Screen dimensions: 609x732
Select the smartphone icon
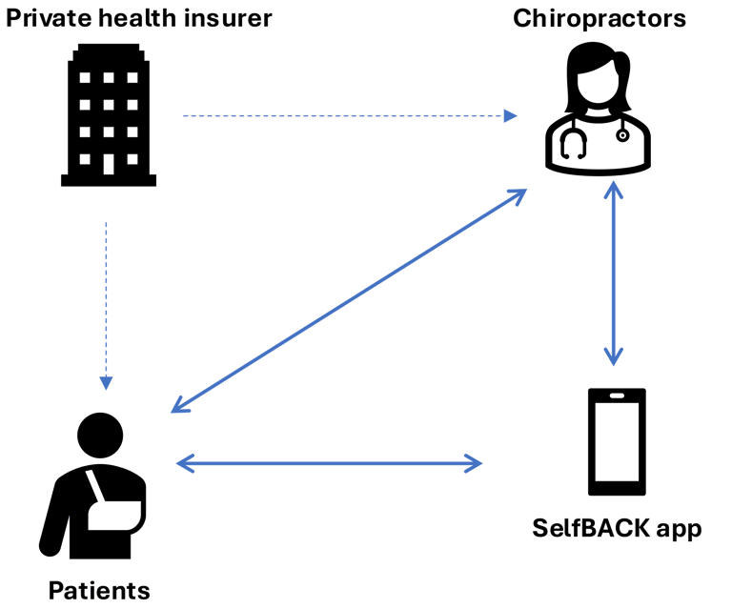pos(616,442)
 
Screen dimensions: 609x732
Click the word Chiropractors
pos(600,18)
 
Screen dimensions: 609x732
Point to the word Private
pos(48,18)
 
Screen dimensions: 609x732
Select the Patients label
pos(99,591)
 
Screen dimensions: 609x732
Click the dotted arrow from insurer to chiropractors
pos(349,116)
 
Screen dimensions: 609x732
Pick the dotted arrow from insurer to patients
pos(107,305)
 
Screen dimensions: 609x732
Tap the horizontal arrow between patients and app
pos(330,465)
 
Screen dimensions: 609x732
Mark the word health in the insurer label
pos(140,18)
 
